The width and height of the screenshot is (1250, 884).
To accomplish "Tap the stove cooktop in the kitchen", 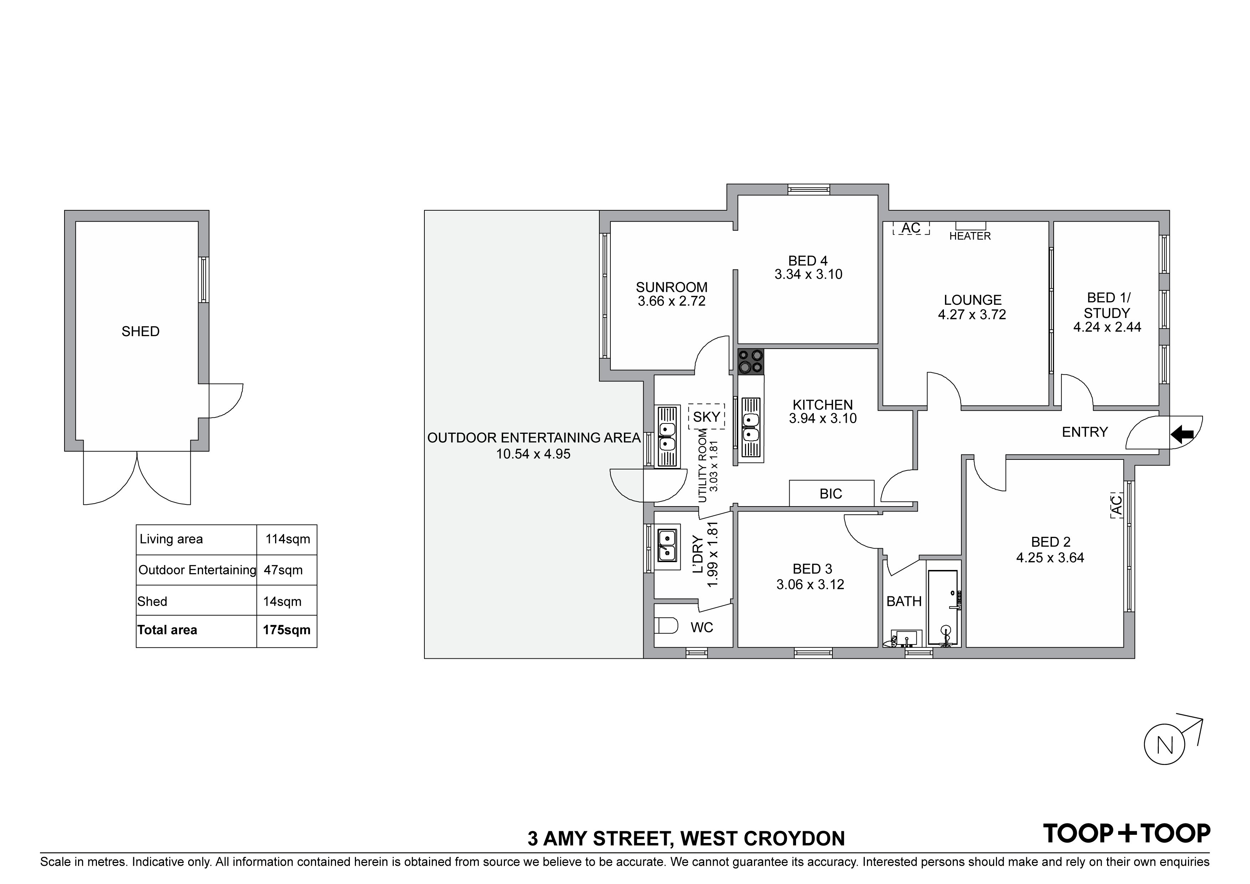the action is click(750, 362).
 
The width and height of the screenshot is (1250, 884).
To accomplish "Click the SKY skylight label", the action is click(706, 417).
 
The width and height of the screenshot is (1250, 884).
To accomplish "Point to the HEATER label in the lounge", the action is click(970, 236).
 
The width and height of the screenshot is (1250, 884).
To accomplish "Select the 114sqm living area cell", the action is click(288, 539).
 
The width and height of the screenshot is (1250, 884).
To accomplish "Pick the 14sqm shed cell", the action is click(282, 601).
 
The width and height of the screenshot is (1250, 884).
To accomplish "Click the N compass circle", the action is click(1164, 745).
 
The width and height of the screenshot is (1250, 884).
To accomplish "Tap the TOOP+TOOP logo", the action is click(1126, 833).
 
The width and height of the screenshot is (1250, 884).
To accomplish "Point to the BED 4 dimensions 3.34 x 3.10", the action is click(809, 274).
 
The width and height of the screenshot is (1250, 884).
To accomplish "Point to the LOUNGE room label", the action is click(972, 300).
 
